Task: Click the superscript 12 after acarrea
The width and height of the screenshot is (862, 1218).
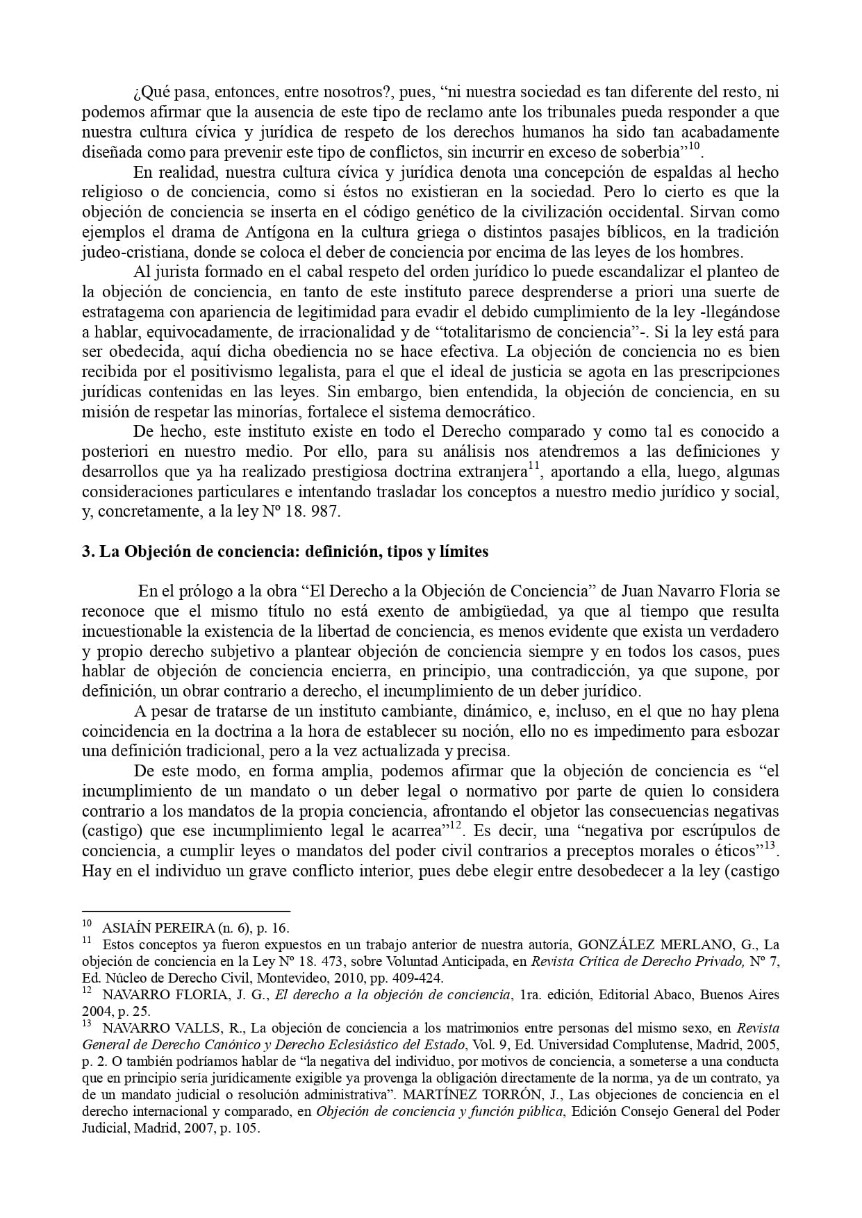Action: coord(456,826)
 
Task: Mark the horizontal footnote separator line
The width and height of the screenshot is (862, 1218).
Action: coord(185,911)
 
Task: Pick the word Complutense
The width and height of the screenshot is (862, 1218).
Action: coord(643,1045)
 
